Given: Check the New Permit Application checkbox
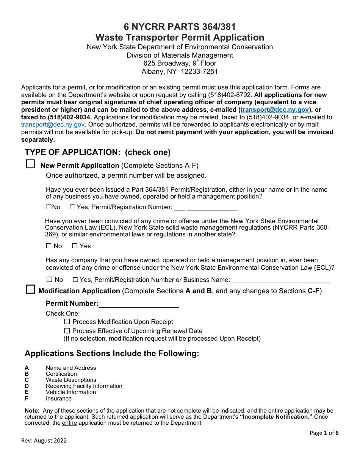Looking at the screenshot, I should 30,164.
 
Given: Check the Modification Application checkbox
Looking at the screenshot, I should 30,290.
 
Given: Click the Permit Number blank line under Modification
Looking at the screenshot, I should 139,304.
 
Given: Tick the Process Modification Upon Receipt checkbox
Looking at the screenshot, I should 67,322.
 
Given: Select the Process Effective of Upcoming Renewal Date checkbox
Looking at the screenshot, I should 67,331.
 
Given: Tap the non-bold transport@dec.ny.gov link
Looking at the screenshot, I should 53,124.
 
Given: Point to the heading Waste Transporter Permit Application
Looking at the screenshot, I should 180,38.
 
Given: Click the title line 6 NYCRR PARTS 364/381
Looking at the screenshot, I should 180,27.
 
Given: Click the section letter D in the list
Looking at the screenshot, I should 27,386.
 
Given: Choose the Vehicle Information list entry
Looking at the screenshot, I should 71,392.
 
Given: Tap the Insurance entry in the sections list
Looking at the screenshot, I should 58,399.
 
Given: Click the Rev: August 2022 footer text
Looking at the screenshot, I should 44,440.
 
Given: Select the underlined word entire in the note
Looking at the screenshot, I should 69,423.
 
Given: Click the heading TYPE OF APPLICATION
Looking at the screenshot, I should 97,152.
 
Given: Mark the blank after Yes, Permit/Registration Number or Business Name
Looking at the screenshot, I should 280,280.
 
